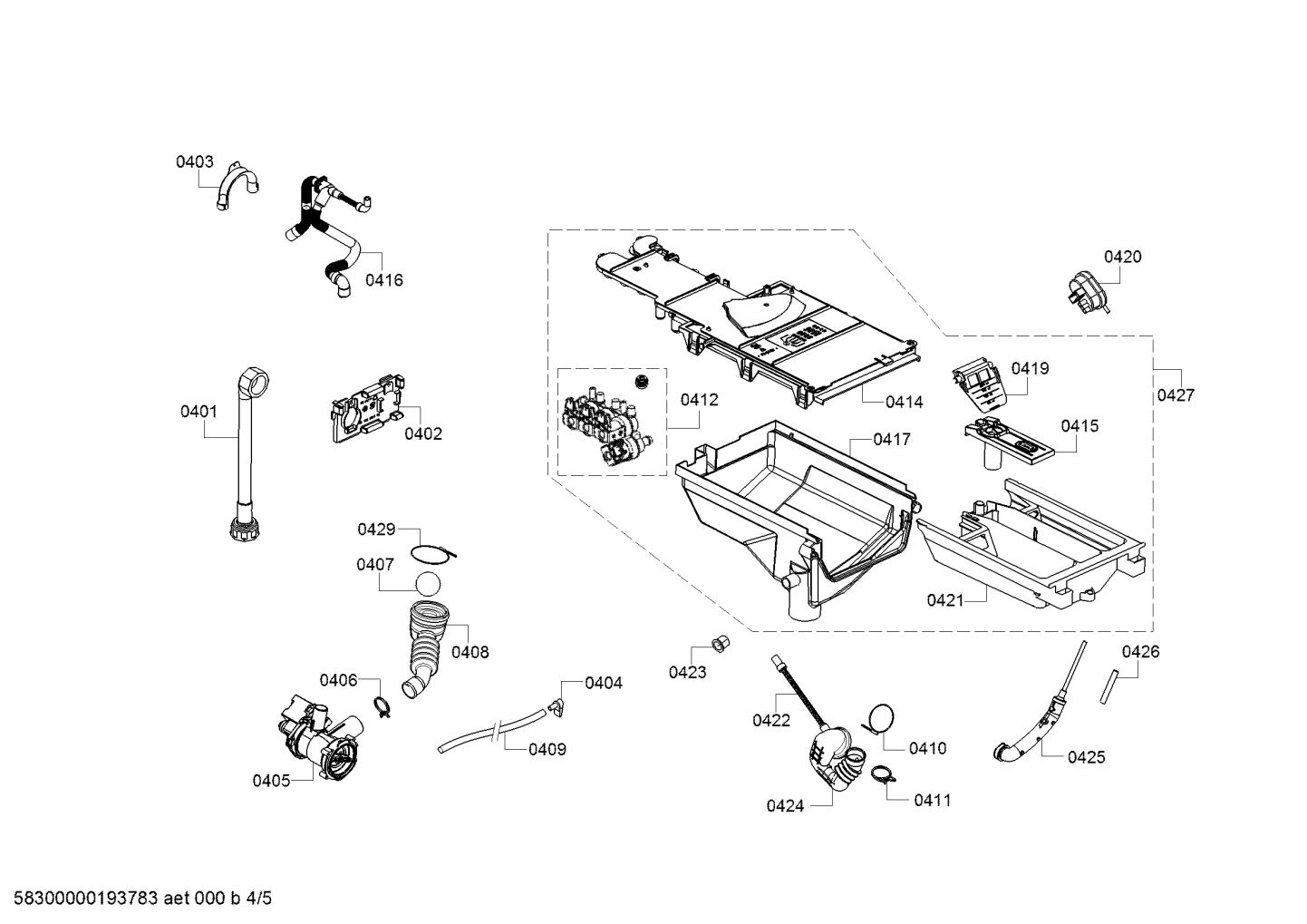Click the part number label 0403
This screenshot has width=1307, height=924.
point(194,162)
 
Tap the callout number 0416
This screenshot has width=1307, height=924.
point(383,280)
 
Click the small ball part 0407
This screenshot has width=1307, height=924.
point(430,583)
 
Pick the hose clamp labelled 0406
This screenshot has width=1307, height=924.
point(382,706)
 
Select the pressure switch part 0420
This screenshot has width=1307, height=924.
point(1087,289)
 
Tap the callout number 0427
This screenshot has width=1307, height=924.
point(1176,395)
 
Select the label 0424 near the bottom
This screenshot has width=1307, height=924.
point(784,805)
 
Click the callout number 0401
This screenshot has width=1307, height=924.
point(198,412)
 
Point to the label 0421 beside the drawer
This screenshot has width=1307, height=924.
point(944,599)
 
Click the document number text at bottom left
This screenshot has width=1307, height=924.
point(137,900)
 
